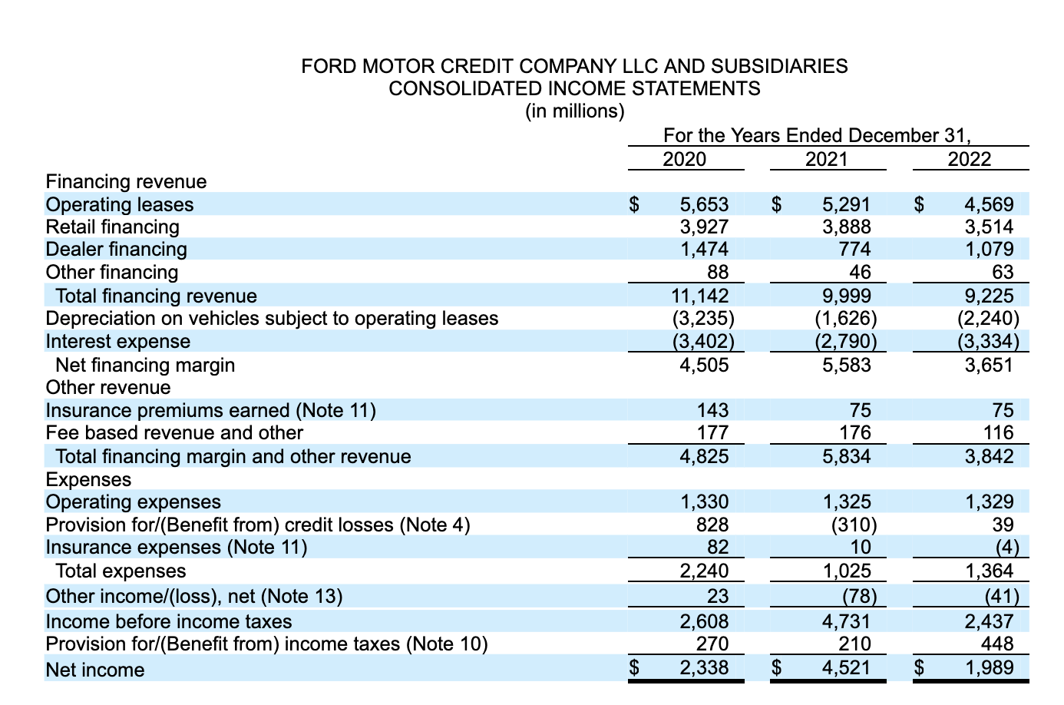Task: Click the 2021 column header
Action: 827,159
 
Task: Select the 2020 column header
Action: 684,159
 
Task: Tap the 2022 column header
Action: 970,159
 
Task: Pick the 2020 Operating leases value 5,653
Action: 704,204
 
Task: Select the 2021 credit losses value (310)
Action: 852,525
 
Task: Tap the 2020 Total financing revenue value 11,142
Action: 699,296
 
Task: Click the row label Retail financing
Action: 113,227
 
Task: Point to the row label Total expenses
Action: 121,571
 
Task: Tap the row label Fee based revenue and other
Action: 174,433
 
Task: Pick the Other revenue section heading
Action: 108,388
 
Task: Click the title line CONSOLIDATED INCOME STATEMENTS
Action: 574,88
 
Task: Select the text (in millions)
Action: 574,111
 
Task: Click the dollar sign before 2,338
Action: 635,668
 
